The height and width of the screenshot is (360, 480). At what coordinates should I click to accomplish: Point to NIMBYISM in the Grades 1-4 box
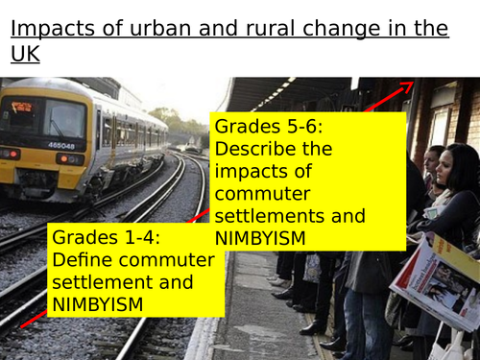(x=98, y=304)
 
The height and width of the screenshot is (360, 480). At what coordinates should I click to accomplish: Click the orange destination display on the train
(x=21, y=107)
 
